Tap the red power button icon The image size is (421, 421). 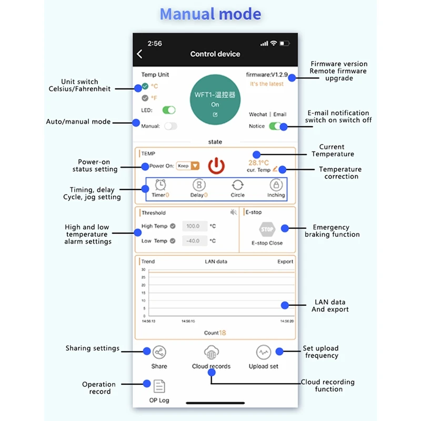(216, 166)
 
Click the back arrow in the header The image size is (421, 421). (139, 54)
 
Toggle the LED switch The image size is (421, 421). (168, 110)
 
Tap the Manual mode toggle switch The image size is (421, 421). (171, 126)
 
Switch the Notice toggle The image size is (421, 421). (275, 126)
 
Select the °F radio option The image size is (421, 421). (145, 98)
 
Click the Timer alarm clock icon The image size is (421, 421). (161, 185)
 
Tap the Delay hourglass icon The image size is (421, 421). (199, 185)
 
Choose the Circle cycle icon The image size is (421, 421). (237, 185)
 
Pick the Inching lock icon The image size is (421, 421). (276, 185)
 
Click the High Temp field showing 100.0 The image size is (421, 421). (194, 226)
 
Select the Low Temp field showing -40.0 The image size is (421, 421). (194, 241)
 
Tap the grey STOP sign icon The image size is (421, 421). (267, 229)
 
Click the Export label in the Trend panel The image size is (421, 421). (285, 262)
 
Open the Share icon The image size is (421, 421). (159, 353)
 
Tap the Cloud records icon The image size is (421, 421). (211, 353)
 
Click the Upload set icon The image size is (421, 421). (264, 353)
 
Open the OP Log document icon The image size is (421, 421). (159, 387)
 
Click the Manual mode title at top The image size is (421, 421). (210, 14)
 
